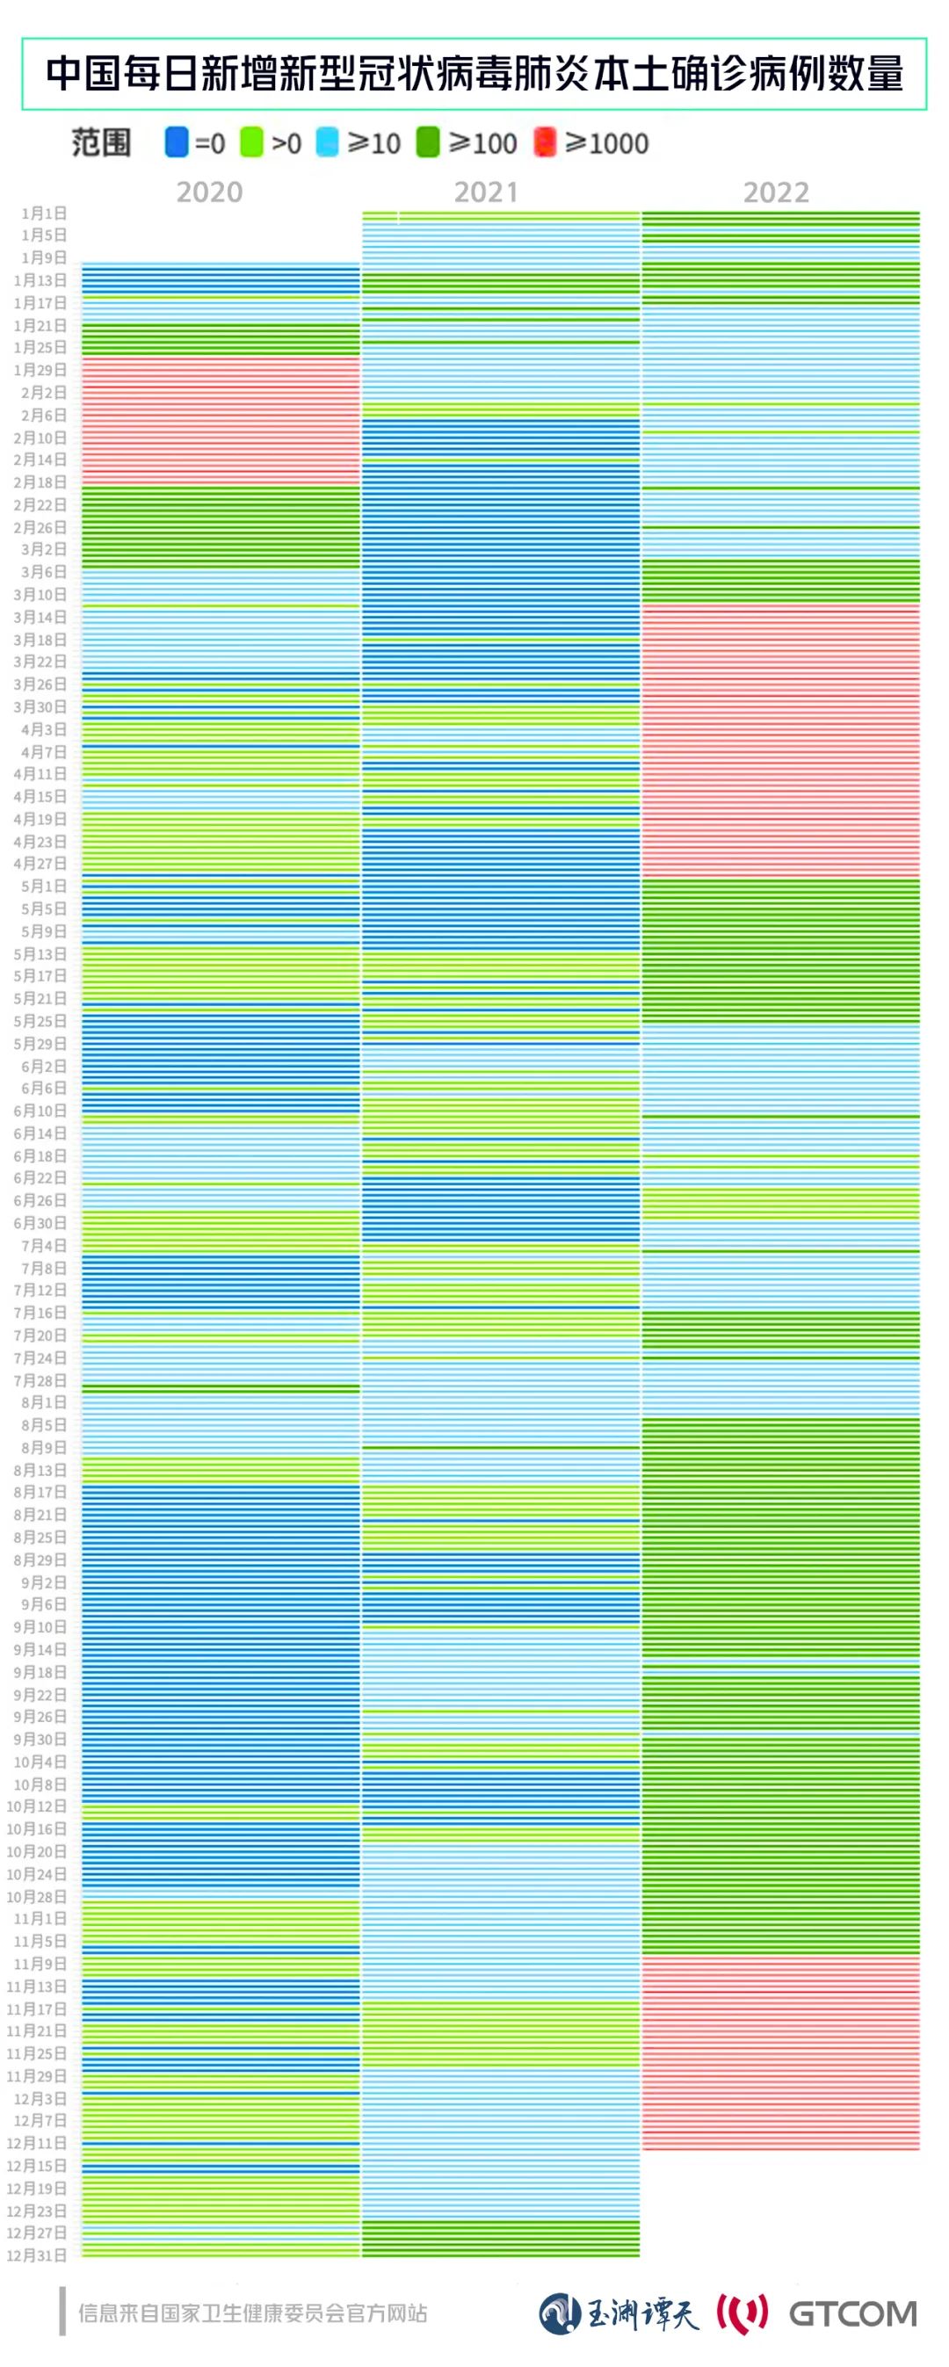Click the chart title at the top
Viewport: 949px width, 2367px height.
[x=474, y=75]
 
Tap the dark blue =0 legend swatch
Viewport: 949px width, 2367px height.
[x=177, y=142]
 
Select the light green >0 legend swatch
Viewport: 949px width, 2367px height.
[x=250, y=142]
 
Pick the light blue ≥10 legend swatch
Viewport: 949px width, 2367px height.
[x=327, y=142]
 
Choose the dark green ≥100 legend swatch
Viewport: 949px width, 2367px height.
[x=428, y=142]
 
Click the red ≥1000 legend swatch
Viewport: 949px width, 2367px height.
[x=545, y=142]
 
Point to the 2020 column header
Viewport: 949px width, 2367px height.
[x=209, y=192]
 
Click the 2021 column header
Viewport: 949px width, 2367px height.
[x=486, y=192]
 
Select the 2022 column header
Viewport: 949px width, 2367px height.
[x=776, y=192]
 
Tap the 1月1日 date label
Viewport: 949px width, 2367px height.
[x=44, y=214]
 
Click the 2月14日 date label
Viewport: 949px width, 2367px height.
[x=40, y=460]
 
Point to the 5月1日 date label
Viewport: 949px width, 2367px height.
[x=44, y=886]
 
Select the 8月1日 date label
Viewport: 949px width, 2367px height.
[x=44, y=1402]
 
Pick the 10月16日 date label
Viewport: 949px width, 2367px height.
[x=37, y=1828]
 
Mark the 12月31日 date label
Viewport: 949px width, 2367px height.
[x=37, y=2255]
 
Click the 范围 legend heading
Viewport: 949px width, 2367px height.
[x=101, y=142]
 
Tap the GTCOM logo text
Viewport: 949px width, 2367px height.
[x=852, y=2313]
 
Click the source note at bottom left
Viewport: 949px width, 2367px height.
[x=253, y=2313]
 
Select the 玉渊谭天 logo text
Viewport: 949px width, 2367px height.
[x=642, y=2313]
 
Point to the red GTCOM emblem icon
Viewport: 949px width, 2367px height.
[x=743, y=2313]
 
